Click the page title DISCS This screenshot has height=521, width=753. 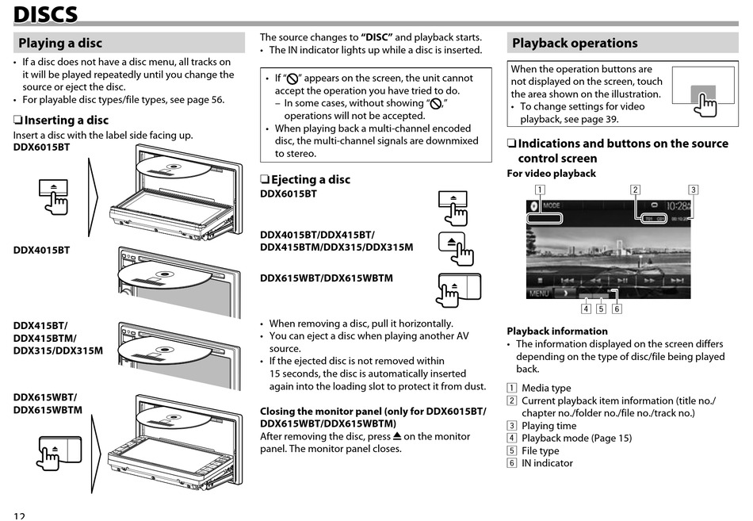(x=45, y=13)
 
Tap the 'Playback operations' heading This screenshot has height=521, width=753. (x=575, y=43)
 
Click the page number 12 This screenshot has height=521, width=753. (x=19, y=515)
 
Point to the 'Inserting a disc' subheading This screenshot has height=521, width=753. (x=66, y=121)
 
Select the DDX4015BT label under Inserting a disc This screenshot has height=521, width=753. (x=41, y=250)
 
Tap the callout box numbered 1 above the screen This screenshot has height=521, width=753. (x=540, y=190)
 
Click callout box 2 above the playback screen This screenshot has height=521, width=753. (x=635, y=190)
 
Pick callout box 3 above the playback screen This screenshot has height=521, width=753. (x=693, y=190)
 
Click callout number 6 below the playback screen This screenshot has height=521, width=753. (x=617, y=309)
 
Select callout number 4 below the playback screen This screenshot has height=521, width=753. (x=586, y=309)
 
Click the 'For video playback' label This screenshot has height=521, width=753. (x=551, y=174)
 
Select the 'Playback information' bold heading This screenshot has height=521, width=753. (x=557, y=331)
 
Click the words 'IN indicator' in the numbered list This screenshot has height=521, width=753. (x=547, y=463)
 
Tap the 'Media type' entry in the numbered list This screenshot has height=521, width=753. (x=546, y=388)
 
